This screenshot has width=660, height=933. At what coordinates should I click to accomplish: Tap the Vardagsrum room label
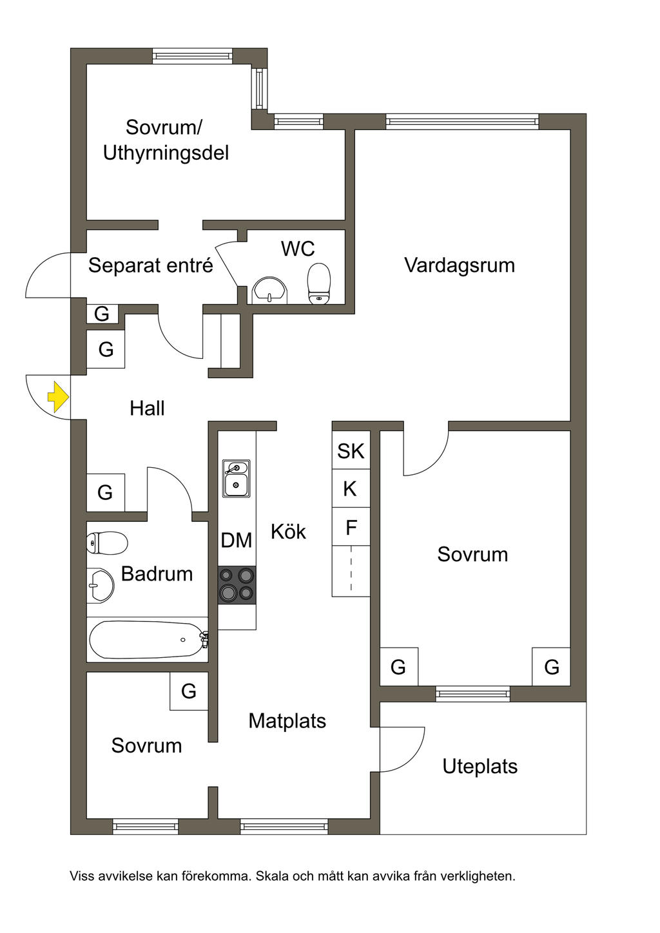[460, 265]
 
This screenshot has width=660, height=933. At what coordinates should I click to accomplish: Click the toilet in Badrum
[107, 543]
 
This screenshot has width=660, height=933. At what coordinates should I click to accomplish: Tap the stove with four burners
[237, 584]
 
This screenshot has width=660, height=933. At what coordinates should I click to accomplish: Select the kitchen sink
[237, 478]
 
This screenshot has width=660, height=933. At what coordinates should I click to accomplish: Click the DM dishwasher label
[237, 540]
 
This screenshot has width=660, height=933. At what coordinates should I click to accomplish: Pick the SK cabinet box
[351, 451]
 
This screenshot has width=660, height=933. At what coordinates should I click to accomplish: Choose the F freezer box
[351, 528]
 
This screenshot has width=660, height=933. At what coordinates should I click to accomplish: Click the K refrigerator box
[351, 489]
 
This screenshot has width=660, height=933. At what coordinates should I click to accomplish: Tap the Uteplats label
[480, 766]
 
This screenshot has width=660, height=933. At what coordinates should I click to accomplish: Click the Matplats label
[287, 720]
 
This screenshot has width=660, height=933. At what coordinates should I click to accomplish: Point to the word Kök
[288, 532]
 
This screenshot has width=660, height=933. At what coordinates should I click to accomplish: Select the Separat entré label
[150, 265]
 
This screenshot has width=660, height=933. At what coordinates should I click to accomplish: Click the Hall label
[147, 408]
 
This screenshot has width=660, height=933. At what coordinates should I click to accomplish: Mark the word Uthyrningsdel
[166, 153]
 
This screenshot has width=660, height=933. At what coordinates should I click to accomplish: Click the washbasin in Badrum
[101, 584]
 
